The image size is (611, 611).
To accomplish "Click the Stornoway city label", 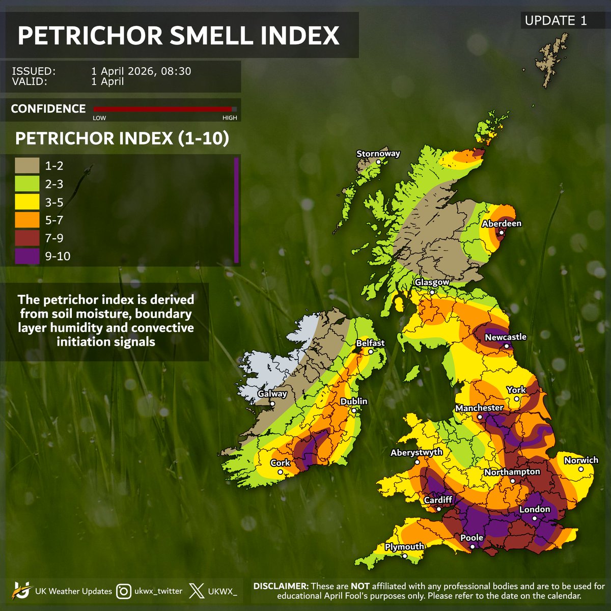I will click(x=378, y=153).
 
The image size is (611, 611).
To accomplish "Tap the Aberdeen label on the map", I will click(x=502, y=224).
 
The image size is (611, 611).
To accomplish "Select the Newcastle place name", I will click(x=506, y=337).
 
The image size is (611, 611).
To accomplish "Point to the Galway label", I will click(x=272, y=394).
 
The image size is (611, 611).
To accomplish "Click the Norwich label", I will click(x=581, y=460).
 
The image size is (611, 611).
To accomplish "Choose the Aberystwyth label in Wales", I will click(x=416, y=453).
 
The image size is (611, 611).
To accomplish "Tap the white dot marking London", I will click(x=535, y=518).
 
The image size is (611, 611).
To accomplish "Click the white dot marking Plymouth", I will click(x=405, y=556).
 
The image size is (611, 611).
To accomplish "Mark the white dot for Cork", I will click(x=280, y=472).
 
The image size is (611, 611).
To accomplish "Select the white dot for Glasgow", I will click(x=432, y=292).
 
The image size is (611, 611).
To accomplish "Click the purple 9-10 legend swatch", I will click(x=27, y=256).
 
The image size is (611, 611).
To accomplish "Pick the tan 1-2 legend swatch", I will click(x=27, y=166).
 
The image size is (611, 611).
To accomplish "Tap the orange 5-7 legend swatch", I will click(x=27, y=220).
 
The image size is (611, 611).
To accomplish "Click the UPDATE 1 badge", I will click(x=556, y=21).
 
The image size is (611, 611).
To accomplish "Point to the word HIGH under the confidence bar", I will click(x=230, y=118).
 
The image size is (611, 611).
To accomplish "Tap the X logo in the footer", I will click(x=197, y=591).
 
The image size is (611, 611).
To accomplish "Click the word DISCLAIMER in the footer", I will click(x=280, y=586).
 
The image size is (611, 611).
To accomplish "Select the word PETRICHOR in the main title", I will click(x=90, y=36).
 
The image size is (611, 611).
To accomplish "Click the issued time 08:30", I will click(x=176, y=71).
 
